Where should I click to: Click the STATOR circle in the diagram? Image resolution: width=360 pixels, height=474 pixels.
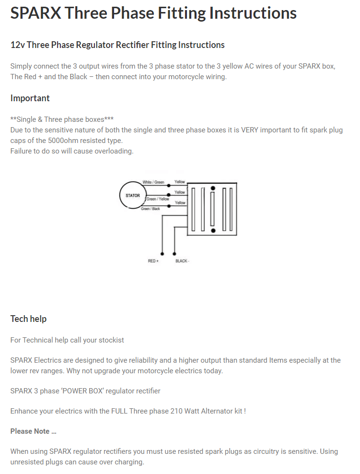click(x=133, y=195)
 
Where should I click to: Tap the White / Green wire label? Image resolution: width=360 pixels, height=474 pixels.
click(x=153, y=182)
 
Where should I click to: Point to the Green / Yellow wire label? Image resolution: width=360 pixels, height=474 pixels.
click(x=157, y=199)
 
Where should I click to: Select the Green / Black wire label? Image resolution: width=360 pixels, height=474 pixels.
click(x=151, y=209)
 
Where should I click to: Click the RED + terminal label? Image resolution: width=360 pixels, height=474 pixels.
click(x=153, y=261)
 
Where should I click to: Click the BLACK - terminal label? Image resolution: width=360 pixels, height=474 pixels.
click(x=182, y=261)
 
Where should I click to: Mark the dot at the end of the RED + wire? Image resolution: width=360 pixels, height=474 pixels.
click(x=163, y=253)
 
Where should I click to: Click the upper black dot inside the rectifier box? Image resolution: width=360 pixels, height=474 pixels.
click(x=213, y=189)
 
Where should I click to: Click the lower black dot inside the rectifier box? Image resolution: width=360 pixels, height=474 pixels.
click(x=213, y=231)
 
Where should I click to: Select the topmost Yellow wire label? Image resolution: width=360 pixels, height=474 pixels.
click(x=180, y=182)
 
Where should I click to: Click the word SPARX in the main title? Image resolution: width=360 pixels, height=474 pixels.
click(x=35, y=13)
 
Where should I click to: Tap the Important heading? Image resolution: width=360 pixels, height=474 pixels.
click(x=30, y=98)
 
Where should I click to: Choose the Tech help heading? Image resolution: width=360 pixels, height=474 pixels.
click(x=28, y=319)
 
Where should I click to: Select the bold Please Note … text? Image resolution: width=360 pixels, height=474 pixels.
click(x=33, y=431)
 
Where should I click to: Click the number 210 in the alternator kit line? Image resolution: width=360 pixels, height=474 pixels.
click(x=177, y=411)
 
